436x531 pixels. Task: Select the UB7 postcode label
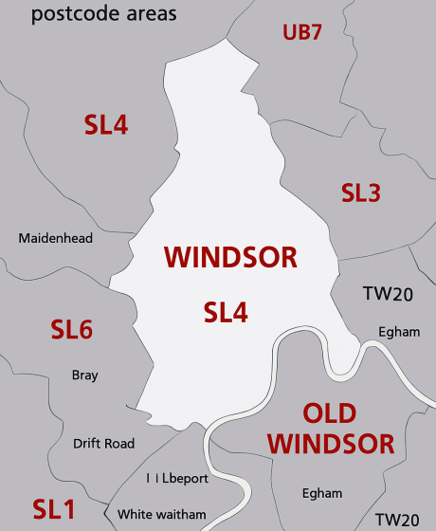click(x=302, y=33)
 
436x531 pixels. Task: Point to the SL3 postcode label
click(x=360, y=193)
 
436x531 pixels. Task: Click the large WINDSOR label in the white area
click(x=230, y=257)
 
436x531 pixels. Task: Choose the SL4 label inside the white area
click(x=226, y=311)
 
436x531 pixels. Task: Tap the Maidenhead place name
click(x=56, y=238)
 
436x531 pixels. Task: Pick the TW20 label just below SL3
click(x=388, y=295)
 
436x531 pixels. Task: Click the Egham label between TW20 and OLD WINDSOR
click(x=398, y=332)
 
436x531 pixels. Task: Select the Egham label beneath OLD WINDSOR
click(x=320, y=493)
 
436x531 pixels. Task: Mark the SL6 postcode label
click(x=71, y=330)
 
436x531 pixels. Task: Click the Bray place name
click(x=84, y=375)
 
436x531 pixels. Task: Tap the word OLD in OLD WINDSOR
click(x=329, y=413)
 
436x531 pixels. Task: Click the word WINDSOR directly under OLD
click(x=330, y=444)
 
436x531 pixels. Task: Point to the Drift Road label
click(x=103, y=443)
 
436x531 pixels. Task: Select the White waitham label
click(x=162, y=515)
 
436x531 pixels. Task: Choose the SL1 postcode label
click(x=53, y=508)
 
